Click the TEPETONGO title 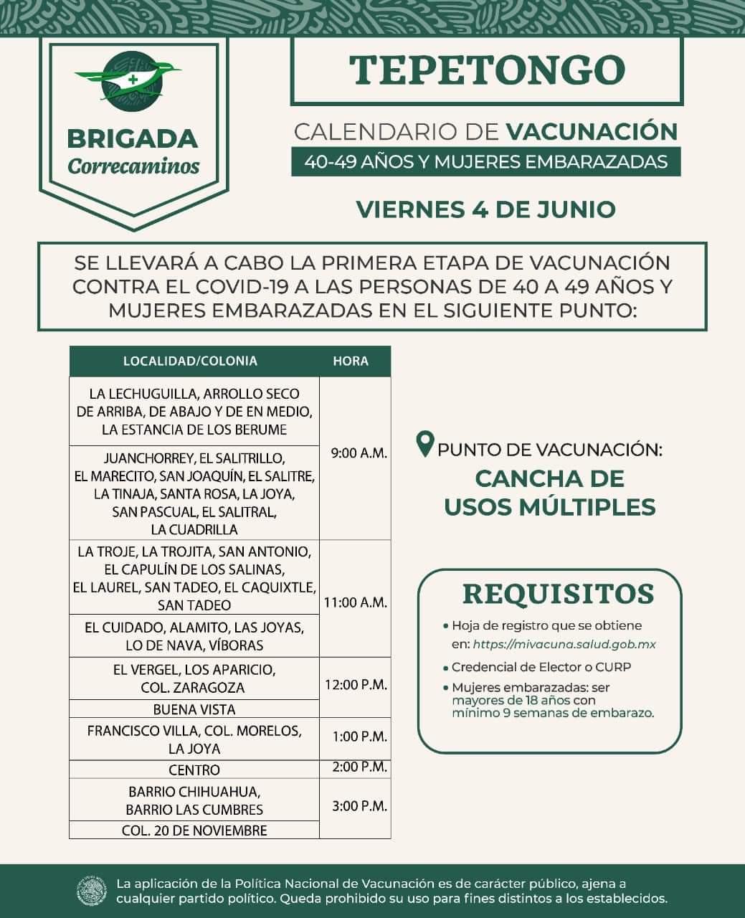click(x=487, y=70)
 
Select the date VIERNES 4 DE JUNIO click(x=485, y=209)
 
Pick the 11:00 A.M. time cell click(x=356, y=602)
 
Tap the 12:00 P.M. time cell click(x=356, y=684)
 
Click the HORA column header click(x=351, y=361)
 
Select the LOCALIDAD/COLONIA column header click(x=190, y=361)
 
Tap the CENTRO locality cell click(x=194, y=770)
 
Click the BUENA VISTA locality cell click(x=194, y=709)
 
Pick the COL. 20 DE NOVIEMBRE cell click(x=194, y=831)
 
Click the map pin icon click(x=425, y=444)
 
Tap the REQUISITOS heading click(x=558, y=594)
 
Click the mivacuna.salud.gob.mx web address click(x=564, y=644)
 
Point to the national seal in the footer click(x=91, y=891)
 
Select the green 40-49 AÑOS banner click(x=485, y=161)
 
